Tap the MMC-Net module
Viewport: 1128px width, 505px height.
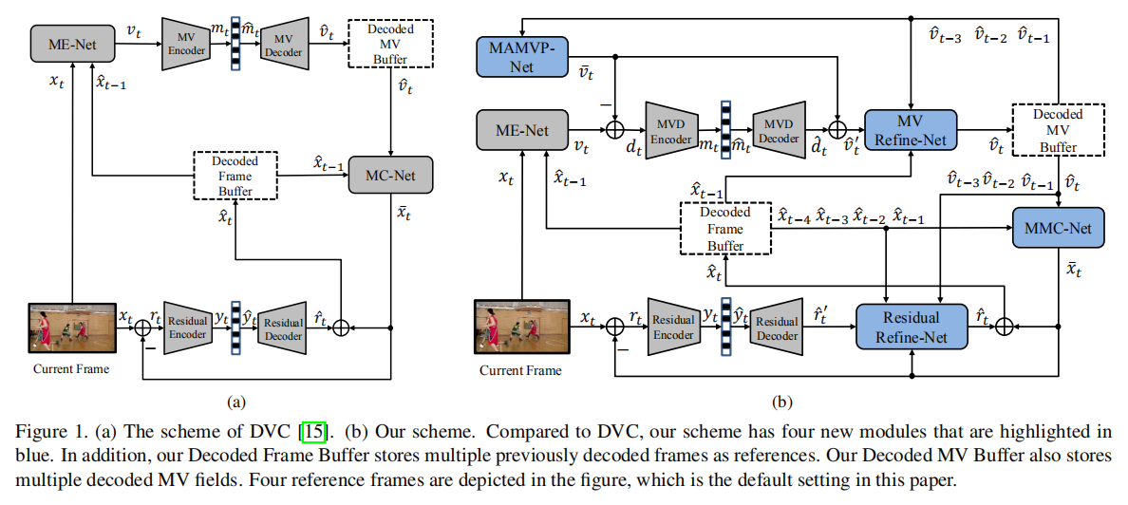tap(1059, 228)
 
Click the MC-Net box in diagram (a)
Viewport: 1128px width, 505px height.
tap(389, 175)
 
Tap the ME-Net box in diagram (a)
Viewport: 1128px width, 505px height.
tap(71, 41)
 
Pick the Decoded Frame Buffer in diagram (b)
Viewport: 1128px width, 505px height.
tap(724, 228)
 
